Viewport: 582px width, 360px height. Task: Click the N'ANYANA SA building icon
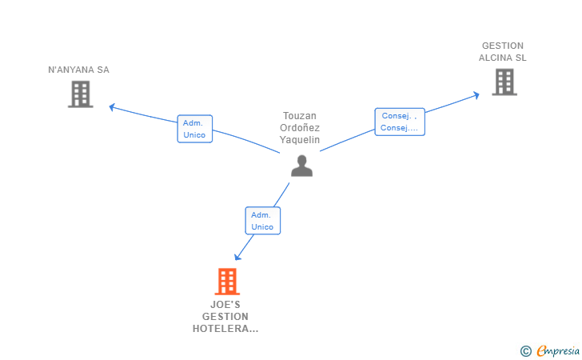click(x=80, y=94)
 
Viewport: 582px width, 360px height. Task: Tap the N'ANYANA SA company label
click(x=78, y=70)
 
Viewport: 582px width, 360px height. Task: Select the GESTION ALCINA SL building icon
click(x=504, y=82)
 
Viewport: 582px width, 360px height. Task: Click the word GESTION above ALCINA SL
click(x=503, y=46)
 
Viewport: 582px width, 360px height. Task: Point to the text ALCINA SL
click(x=503, y=58)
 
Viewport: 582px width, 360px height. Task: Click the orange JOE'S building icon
click(x=227, y=282)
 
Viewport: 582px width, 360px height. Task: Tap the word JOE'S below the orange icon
click(x=225, y=305)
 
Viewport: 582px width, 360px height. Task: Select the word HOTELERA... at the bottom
click(x=225, y=328)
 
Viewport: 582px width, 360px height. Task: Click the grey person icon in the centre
click(x=301, y=166)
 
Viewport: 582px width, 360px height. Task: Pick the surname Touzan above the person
click(x=300, y=115)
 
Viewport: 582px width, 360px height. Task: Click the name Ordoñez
click(x=300, y=127)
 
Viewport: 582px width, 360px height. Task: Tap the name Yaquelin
click(x=300, y=139)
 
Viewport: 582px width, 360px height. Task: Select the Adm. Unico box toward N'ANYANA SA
click(x=194, y=129)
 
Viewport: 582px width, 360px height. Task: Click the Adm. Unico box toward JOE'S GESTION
click(x=262, y=221)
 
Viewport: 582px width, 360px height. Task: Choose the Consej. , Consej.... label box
click(x=399, y=122)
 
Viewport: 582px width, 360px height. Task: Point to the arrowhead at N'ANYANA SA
click(x=112, y=106)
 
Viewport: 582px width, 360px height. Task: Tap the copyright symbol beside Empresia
click(x=525, y=350)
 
